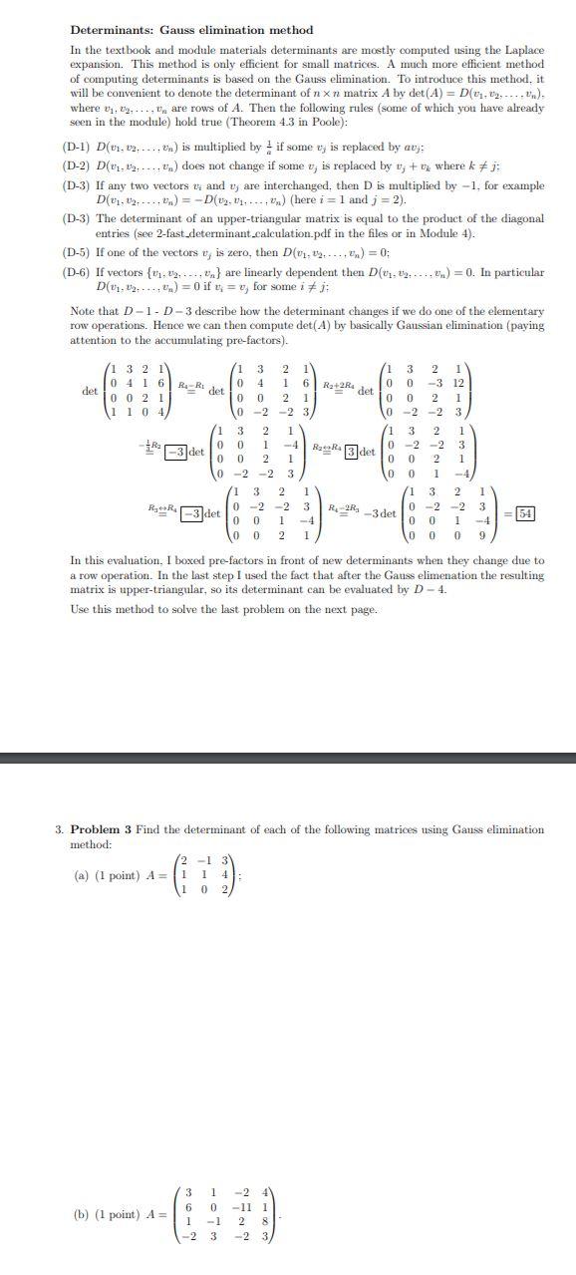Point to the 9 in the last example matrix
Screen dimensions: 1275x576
(481, 534)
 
